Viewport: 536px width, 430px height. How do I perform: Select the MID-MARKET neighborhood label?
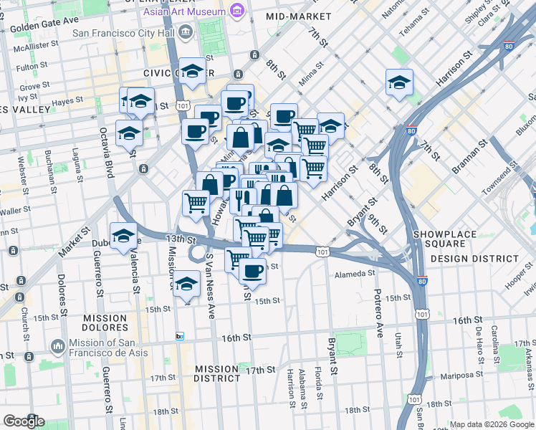pyautogui.click(x=295, y=16)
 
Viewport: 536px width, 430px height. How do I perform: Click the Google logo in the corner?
pyautogui.click(x=23, y=421)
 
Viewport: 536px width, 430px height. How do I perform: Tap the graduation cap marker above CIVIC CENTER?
pyautogui.click(x=191, y=72)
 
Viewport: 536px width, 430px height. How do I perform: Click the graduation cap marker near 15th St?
pyautogui.click(x=186, y=285)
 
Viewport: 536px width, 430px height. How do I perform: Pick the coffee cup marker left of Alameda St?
pyautogui.click(x=252, y=272)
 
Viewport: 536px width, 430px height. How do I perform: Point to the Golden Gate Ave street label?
pyautogui.click(x=44, y=22)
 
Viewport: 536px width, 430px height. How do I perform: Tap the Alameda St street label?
pyautogui.click(x=355, y=273)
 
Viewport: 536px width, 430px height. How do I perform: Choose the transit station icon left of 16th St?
pyautogui.click(x=179, y=336)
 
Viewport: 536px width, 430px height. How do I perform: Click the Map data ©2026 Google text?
pyautogui.click(x=492, y=424)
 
